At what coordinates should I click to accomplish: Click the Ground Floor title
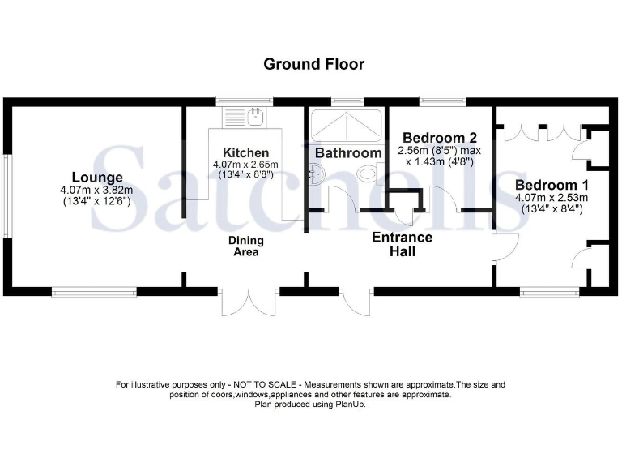[313, 63]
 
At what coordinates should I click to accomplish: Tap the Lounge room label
[97, 178]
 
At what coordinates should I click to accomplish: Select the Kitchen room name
[245, 153]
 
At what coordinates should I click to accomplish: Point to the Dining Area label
[245, 246]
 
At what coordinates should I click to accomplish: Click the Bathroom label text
[348, 152]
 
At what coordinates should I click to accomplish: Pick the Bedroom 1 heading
[550, 184]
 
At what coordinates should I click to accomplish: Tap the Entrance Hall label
[402, 245]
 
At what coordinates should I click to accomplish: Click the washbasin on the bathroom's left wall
[316, 172]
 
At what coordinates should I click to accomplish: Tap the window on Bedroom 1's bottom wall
[549, 290]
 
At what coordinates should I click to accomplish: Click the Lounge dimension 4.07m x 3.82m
[97, 191]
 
